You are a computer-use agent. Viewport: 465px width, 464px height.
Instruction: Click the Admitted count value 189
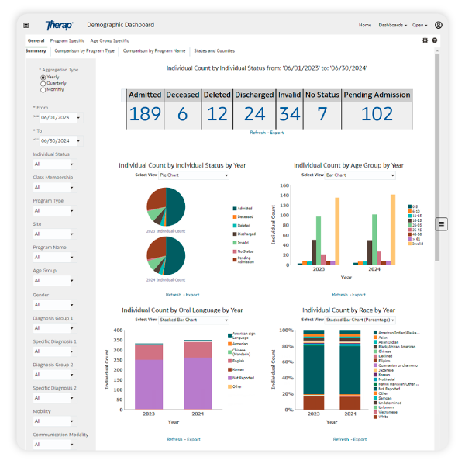pyautogui.click(x=144, y=114)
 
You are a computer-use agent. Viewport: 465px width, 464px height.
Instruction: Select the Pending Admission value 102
pyautogui.click(x=377, y=114)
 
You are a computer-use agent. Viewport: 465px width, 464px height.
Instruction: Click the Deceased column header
pyautogui.click(x=182, y=95)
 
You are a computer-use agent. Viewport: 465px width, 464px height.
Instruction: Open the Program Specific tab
pyautogui.click(x=67, y=40)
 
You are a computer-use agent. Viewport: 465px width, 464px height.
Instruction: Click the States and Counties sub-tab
pyautogui.click(x=214, y=50)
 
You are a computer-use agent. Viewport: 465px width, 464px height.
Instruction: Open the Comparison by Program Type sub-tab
pyautogui.click(x=84, y=50)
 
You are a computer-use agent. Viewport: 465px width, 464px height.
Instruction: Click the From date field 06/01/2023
pyautogui.click(x=58, y=118)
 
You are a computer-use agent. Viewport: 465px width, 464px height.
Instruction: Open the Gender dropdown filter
pyautogui.click(x=53, y=305)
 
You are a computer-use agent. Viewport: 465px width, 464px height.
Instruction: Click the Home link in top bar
pyautogui.click(x=364, y=25)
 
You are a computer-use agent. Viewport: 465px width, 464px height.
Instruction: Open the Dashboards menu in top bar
pyautogui.click(x=394, y=25)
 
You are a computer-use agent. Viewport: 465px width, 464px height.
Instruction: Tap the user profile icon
pyautogui.click(x=438, y=25)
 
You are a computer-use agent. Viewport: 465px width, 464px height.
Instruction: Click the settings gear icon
pyautogui.click(x=425, y=40)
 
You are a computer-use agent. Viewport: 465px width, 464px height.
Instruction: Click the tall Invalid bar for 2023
pyautogui.click(x=337, y=231)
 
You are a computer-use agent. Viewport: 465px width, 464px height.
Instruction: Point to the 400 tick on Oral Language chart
pyautogui.click(x=118, y=330)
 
